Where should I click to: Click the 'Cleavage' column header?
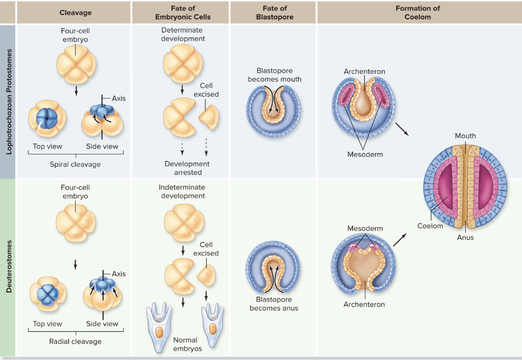(x=75, y=13)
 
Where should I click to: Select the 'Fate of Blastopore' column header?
(x=274, y=13)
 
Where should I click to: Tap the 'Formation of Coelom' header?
(x=417, y=13)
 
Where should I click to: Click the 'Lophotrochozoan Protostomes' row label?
(x=8, y=101)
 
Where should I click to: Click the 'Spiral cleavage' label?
(x=75, y=164)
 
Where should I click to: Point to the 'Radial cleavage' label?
(x=75, y=341)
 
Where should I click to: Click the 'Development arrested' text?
(x=187, y=168)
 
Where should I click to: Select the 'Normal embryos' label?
(x=185, y=344)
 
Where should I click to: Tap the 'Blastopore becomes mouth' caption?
(x=275, y=75)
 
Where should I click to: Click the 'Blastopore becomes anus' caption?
(x=274, y=304)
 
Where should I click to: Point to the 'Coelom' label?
(x=430, y=226)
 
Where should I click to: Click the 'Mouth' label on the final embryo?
(x=465, y=136)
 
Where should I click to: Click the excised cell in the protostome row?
(x=208, y=115)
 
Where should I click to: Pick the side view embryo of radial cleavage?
(x=102, y=293)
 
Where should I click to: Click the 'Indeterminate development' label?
(x=182, y=191)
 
